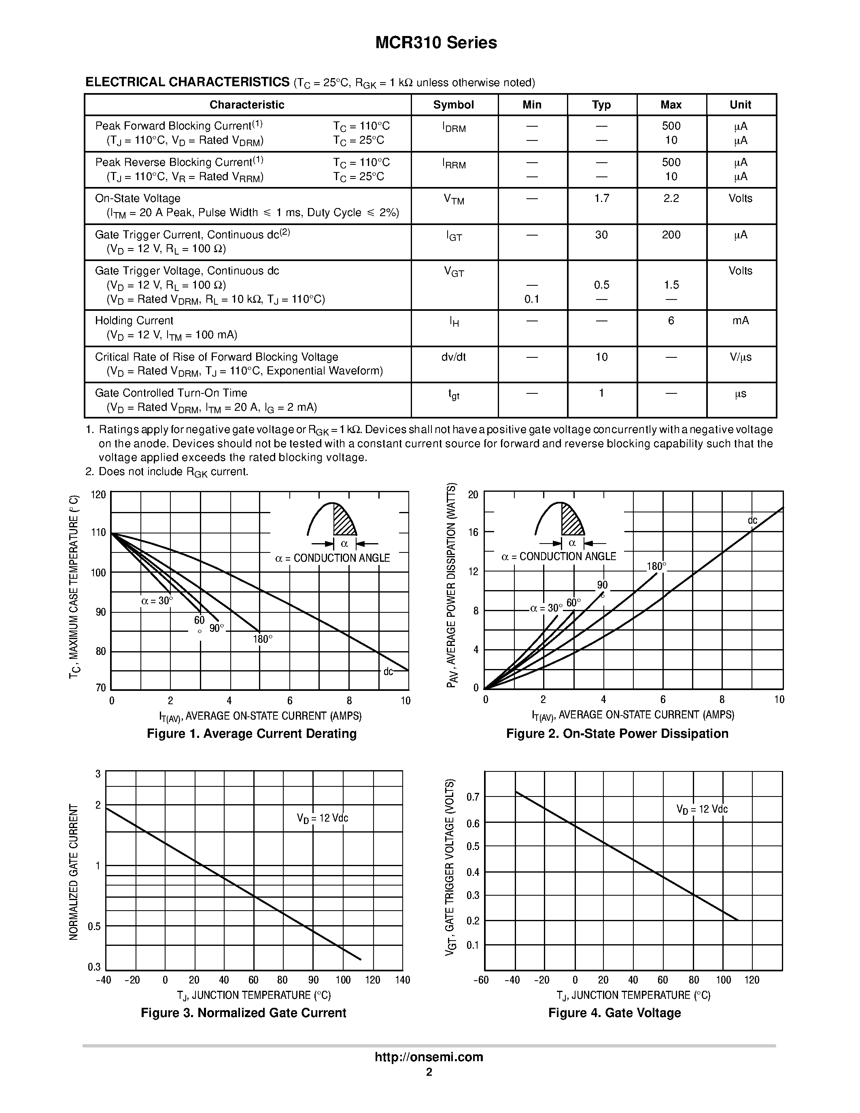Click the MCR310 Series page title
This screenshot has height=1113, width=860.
436,43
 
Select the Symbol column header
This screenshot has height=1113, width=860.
453,105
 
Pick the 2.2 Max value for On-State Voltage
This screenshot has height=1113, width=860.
671,199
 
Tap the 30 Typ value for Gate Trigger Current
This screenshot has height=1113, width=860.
601,235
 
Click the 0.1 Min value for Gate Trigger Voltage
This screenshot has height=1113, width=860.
531,299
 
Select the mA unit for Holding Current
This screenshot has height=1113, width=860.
740,321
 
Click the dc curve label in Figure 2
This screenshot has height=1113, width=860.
752,520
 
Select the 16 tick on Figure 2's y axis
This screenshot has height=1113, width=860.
474,533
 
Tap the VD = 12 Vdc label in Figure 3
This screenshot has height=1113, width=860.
323,818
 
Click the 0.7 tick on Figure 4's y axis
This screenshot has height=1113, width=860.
473,797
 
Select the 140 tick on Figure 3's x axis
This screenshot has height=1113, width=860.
403,980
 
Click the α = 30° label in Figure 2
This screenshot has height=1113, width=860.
546,608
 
